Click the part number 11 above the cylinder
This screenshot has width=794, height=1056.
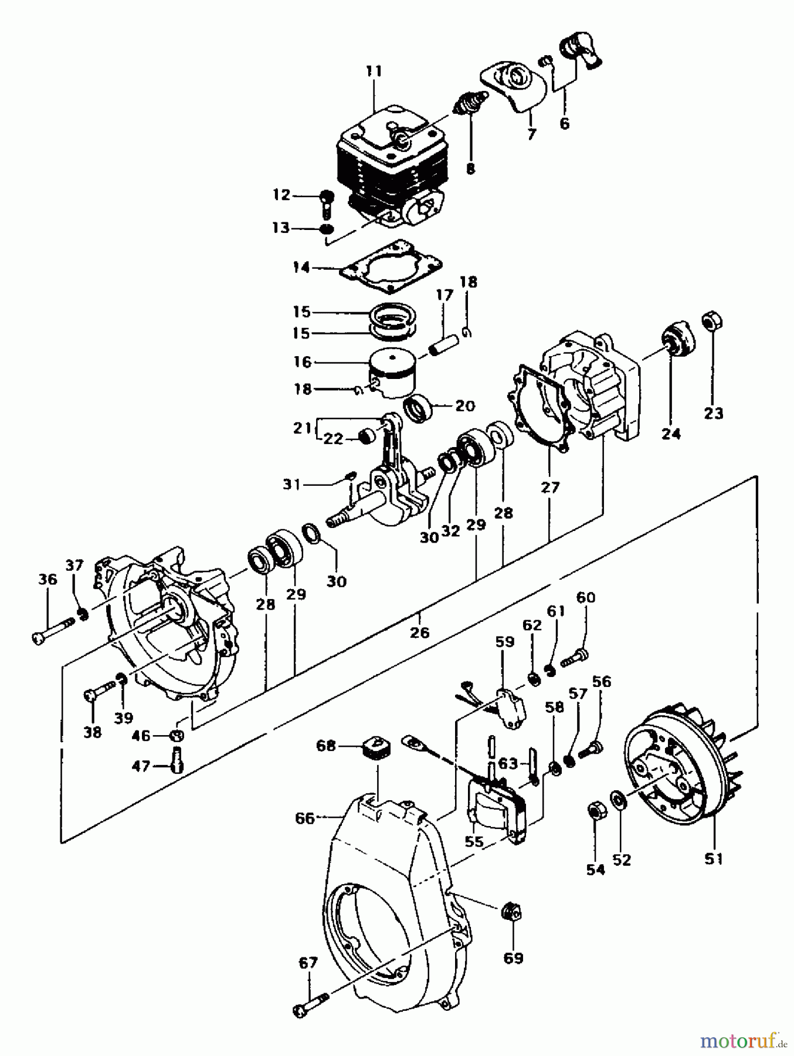(374, 72)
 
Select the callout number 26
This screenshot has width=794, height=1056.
(420, 632)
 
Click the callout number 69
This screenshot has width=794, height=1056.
(514, 957)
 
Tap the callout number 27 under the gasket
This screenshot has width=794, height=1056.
(550, 487)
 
